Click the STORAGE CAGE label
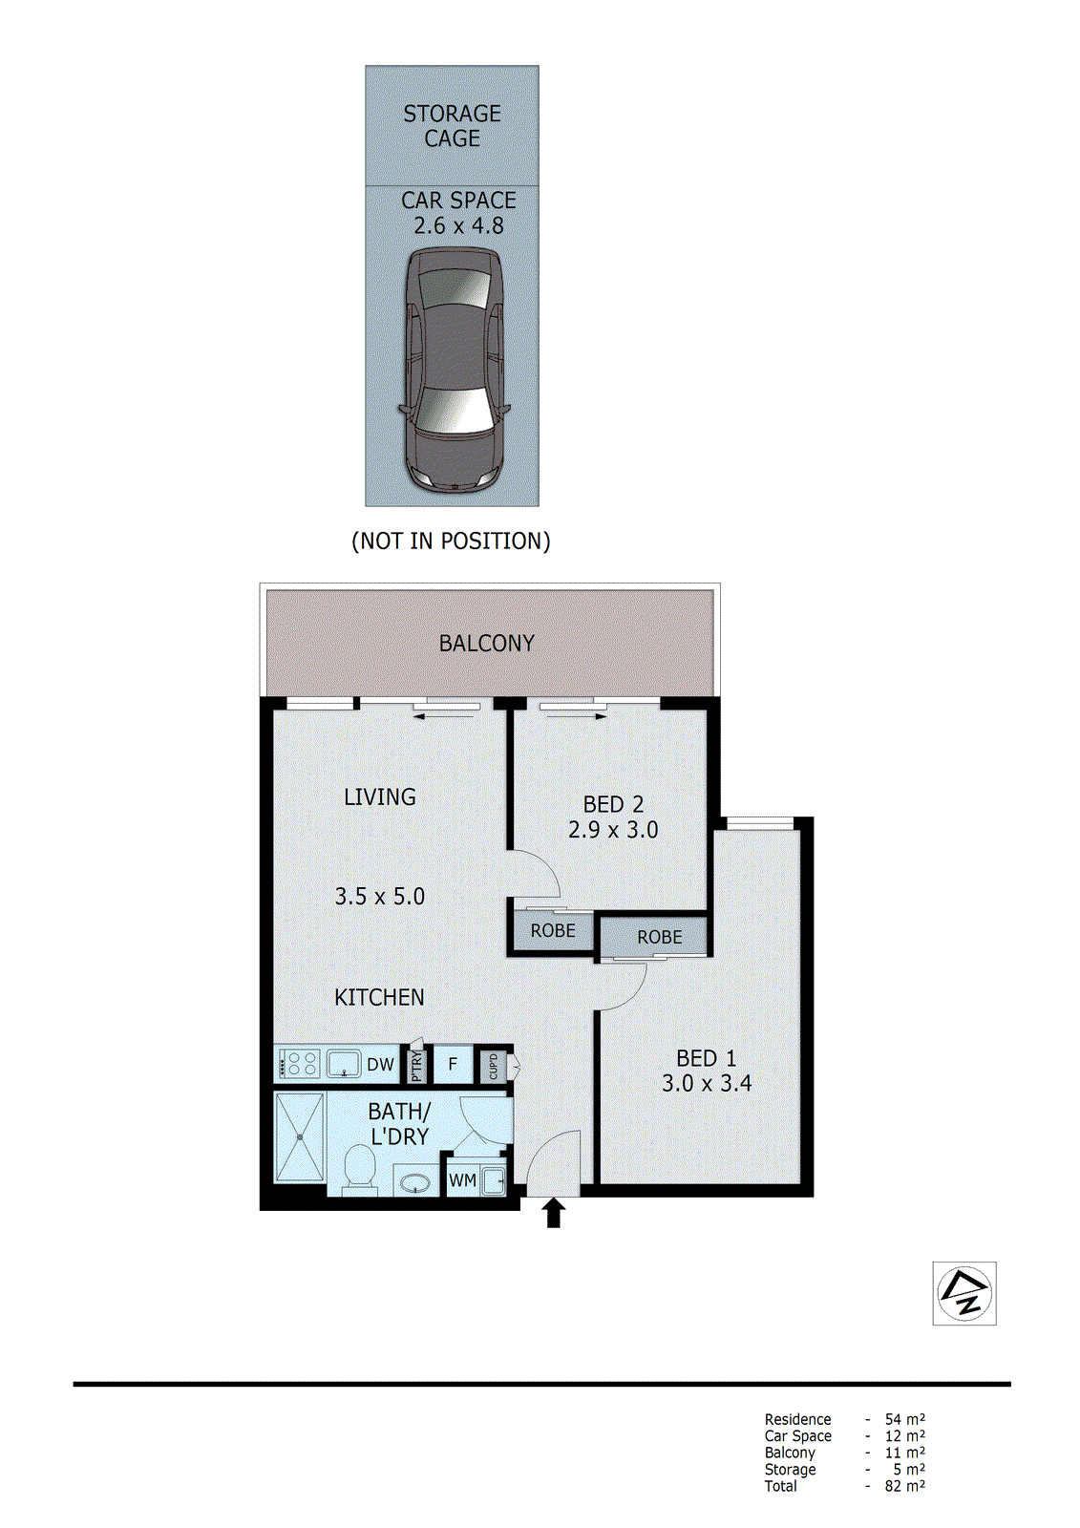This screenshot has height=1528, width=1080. click(452, 126)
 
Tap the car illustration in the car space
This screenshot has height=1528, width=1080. click(453, 371)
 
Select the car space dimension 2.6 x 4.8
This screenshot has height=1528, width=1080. click(458, 226)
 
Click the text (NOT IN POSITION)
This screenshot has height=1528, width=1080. click(451, 541)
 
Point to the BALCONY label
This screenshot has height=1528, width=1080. click(486, 644)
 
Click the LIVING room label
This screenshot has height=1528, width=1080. click(379, 797)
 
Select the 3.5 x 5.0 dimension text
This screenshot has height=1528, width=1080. click(379, 897)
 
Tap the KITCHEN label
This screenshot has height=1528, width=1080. click(379, 998)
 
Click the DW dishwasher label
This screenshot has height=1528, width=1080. click(380, 1065)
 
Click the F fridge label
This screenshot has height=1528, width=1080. click(453, 1064)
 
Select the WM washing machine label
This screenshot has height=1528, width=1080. click(462, 1181)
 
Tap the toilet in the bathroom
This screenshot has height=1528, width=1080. click(359, 1170)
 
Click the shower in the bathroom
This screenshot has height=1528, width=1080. click(299, 1137)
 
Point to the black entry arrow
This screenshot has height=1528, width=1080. click(553, 1213)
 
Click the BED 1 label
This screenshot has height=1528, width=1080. click(706, 1059)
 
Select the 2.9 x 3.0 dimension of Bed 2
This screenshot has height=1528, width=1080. click(613, 831)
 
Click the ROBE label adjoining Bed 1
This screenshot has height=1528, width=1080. click(659, 938)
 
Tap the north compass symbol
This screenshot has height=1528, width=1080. click(964, 1294)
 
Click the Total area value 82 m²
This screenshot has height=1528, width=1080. click(904, 1487)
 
